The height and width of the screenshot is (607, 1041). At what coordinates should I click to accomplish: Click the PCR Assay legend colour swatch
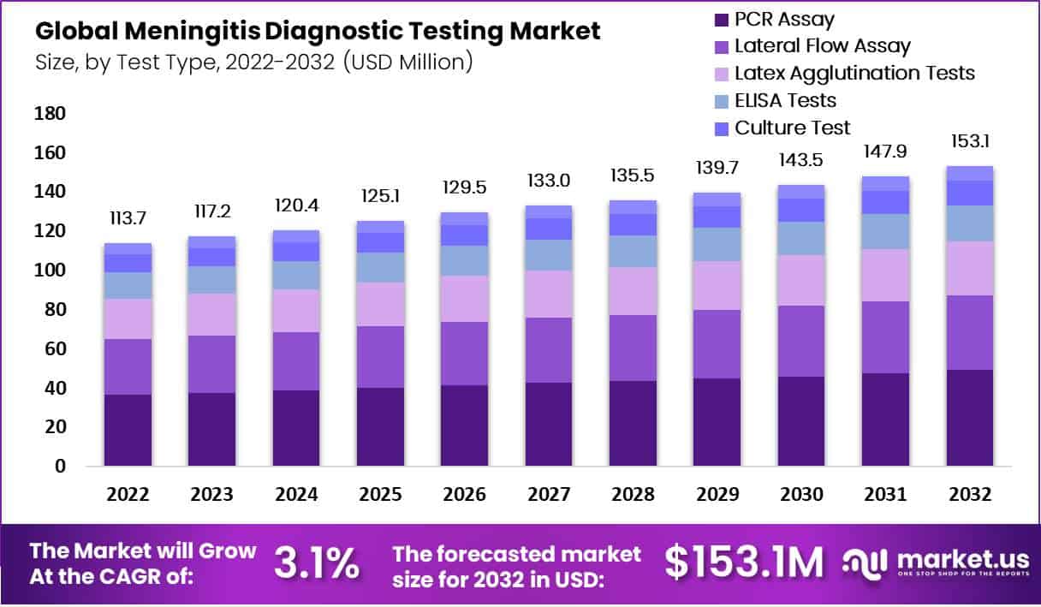(x=720, y=20)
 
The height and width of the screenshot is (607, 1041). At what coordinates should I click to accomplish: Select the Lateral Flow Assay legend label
(x=823, y=46)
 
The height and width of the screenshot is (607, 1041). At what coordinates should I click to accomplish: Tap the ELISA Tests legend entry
(x=785, y=101)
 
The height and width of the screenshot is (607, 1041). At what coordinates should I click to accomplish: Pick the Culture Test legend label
(x=793, y=128)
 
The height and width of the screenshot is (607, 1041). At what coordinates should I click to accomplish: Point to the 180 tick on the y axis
(x=51, y=114)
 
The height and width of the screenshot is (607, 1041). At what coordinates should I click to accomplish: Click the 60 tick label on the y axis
(x=55, y=349)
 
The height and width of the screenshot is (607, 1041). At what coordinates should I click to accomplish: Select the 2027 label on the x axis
(x=548, y=496)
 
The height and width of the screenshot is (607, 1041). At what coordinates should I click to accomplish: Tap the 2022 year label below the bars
(x=128, y=496)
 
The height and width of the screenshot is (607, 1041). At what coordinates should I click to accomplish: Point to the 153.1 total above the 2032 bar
(x=970, y=141)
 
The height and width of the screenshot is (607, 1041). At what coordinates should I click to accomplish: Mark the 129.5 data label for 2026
(x=464, y=187)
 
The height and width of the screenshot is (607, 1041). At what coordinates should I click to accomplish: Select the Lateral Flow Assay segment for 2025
(x=380, y=357)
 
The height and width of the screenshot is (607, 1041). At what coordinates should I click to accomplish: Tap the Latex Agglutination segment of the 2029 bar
(x=717, y=285)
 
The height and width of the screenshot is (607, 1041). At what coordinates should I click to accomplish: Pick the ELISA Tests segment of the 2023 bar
(x=211, y=280)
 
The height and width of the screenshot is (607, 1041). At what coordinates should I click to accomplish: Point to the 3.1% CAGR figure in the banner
(x=316, y=563)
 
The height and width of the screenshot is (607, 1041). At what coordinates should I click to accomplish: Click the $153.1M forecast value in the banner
(x=744, y=563)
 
